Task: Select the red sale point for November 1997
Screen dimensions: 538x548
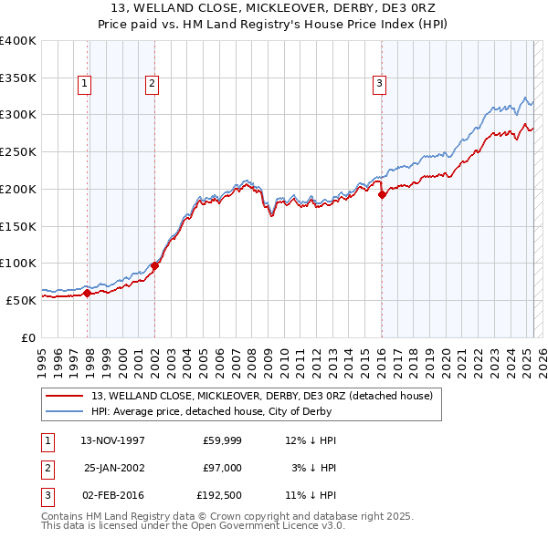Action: [x=88, y=293]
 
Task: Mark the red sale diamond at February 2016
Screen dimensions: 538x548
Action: [x=382, y=194]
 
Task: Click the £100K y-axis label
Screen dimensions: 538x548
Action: [x=19, y=263]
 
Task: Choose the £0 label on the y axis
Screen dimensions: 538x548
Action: [x=27, y=336]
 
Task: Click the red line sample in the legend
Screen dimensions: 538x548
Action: [x=67, y=396]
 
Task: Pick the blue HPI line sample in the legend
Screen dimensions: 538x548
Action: [x=67, y=411]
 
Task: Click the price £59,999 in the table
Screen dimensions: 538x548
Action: [x=219, y=440]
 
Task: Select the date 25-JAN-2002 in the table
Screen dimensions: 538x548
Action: [x=114, y=467]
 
